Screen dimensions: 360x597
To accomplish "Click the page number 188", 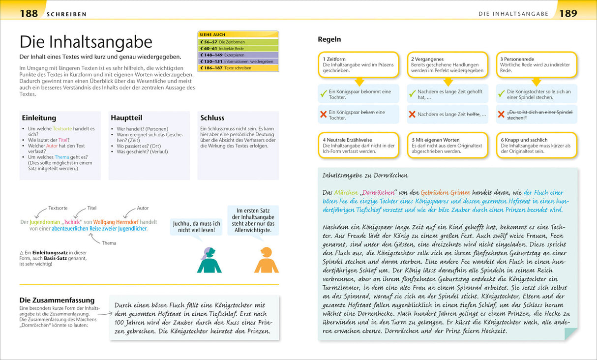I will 29,13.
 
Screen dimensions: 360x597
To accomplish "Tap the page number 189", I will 568,13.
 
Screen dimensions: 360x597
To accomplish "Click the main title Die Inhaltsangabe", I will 86,41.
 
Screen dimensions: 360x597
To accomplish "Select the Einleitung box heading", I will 39,118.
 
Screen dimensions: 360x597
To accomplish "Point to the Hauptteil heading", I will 126,118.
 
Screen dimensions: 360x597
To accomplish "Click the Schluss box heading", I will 212,118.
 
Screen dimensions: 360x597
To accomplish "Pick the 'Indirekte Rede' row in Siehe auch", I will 238,49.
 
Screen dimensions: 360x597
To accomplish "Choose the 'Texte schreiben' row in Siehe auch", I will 238,68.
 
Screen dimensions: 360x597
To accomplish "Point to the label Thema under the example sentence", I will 109,243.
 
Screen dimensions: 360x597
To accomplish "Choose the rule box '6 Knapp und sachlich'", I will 536,146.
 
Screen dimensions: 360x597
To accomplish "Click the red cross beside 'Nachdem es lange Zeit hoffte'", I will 412,115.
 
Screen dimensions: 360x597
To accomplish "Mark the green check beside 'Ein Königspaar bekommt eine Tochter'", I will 324,93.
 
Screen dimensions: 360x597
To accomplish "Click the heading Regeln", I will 329,39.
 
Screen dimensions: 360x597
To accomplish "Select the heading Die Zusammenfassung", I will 57,300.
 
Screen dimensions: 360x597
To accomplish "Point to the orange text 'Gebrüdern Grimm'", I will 448,193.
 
